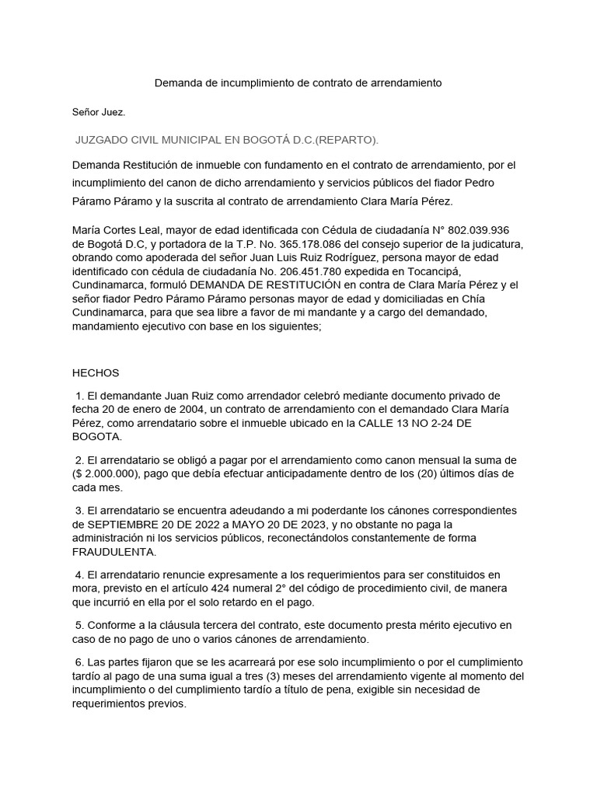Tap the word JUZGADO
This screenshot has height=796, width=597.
(103, 140)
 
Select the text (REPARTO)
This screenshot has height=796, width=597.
(346, 140)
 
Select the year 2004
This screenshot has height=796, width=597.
(177, 409)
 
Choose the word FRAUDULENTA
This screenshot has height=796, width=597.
(114, 552)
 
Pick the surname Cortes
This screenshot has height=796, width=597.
(120, 230)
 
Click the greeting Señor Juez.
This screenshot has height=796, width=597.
(99, 112)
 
